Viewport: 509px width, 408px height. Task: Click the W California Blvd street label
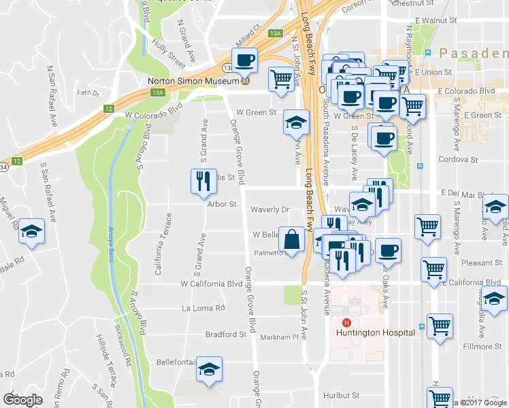[x=211, y=284]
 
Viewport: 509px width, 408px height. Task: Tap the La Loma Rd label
[x=203, y=308]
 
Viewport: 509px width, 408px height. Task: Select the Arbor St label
[x=222, y=204]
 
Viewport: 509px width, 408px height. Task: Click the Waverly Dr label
[x=270, y=210]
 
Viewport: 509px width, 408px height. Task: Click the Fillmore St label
[x=482, y=346]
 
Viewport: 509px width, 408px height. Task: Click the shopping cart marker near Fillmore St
[x=440, y=326]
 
